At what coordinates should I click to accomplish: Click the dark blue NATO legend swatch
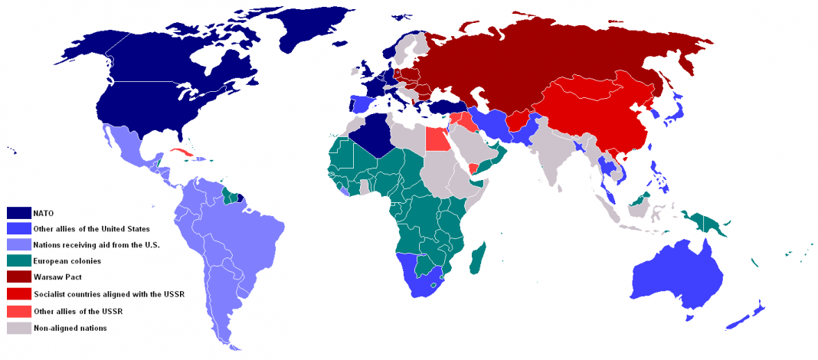[x=18, y=212]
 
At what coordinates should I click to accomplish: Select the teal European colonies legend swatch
[x=18, y=261]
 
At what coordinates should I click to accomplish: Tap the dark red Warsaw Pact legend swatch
[x=18, y=277]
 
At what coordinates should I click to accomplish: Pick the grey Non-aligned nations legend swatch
[x=18, y=328]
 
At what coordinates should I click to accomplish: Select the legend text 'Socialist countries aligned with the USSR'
[x=108, y=294]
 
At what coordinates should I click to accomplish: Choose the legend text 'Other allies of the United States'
[x=91, y=228]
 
